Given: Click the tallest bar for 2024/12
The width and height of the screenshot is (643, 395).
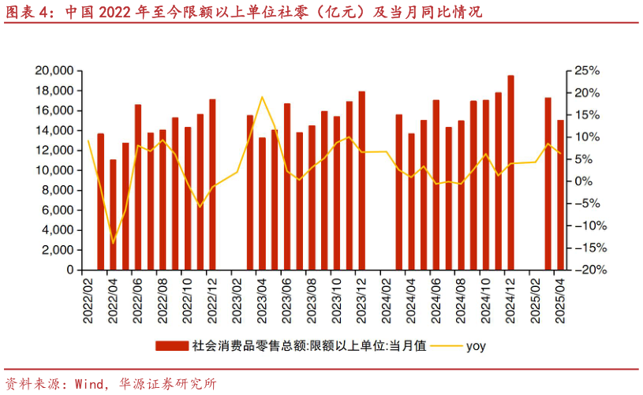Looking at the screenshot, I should click(x=511, y=173).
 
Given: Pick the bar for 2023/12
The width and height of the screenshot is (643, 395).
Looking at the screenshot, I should click(x=362, y=181).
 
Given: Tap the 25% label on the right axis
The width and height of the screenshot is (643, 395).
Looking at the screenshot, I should click(x=589, y=71).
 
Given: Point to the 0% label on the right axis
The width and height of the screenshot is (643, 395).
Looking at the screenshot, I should click(x=584, y=181).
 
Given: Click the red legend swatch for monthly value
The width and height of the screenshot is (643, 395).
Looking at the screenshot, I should click(x=171, y=345).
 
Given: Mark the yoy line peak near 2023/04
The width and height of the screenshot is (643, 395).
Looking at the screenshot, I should click(x=262, y=97).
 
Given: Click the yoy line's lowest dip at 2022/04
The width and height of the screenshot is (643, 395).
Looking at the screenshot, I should click(x=113, y=243).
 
